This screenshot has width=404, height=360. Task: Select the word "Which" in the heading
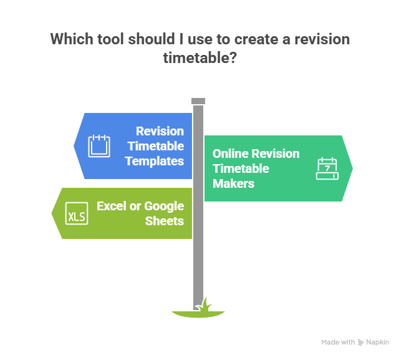70,40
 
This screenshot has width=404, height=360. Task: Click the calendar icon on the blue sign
99,145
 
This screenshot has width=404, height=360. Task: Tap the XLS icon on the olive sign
77,213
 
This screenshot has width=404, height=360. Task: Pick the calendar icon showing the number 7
327,168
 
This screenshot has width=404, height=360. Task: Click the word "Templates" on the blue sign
154,160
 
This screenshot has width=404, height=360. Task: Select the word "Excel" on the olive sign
111,206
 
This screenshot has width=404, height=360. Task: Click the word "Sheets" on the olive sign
164,221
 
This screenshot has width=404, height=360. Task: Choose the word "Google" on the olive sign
164,206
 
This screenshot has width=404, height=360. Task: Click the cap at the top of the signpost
198,101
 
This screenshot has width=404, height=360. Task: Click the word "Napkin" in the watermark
378,343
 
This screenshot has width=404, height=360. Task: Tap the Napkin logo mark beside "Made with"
361,343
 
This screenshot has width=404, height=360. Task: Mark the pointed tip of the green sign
353,168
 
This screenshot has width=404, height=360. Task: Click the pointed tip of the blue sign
74,145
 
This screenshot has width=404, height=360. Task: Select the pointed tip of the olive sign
51,213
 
